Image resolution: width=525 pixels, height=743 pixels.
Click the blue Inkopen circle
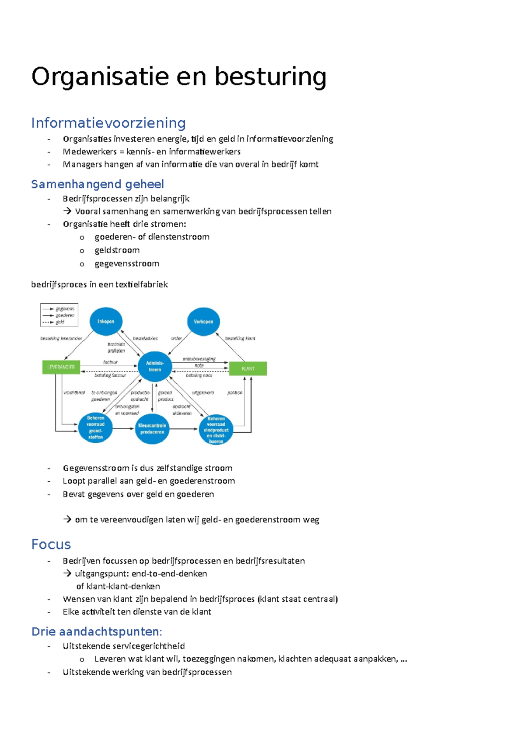pyautogui.click(x=106, y=321)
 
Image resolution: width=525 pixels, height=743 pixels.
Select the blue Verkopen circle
pyautogui.click(x=203, y=321)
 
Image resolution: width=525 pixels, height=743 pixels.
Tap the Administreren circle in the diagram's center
pyautogui.click(x=155, y=366)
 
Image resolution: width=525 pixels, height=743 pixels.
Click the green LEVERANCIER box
pyautogui.click(x=61, y=367)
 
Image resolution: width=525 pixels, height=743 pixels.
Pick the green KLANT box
pyautogui.click(x=248, y=368)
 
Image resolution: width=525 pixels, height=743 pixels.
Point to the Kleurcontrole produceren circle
pyautogui.click(x=152, y=428)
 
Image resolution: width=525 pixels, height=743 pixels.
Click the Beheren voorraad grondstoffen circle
pyautogui.click(x=95, y=428)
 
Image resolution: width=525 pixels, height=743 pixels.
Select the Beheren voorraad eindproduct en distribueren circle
pyautogui.click(x=216, y=430)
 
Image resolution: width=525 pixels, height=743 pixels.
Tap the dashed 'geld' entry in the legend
pyautogui.click(x=59, y=322)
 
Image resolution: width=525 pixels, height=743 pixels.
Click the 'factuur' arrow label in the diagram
pyautogui.click(x=110, y=362)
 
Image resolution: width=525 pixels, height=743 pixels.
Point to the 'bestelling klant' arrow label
pyautogui.click(x=240, y=338)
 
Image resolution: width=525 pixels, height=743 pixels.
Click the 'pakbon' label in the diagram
pyautogui.click(x=235, y=393)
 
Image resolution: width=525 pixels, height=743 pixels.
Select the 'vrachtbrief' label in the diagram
pyautogui.click(x=74, y=393)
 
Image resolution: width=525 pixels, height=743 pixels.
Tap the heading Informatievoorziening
pyautogui.click(x=108, y=123)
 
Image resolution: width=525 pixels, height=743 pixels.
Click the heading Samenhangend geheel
pyautogui.click(x=98, y=184)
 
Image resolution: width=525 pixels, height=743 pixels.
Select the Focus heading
pyautogui.click(x=51, y=544)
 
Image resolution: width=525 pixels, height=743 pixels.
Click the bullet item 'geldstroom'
pyautogui.click(x=117, y=250)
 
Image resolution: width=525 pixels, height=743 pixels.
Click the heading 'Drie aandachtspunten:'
pyautogui.click(x=97, y=631)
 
